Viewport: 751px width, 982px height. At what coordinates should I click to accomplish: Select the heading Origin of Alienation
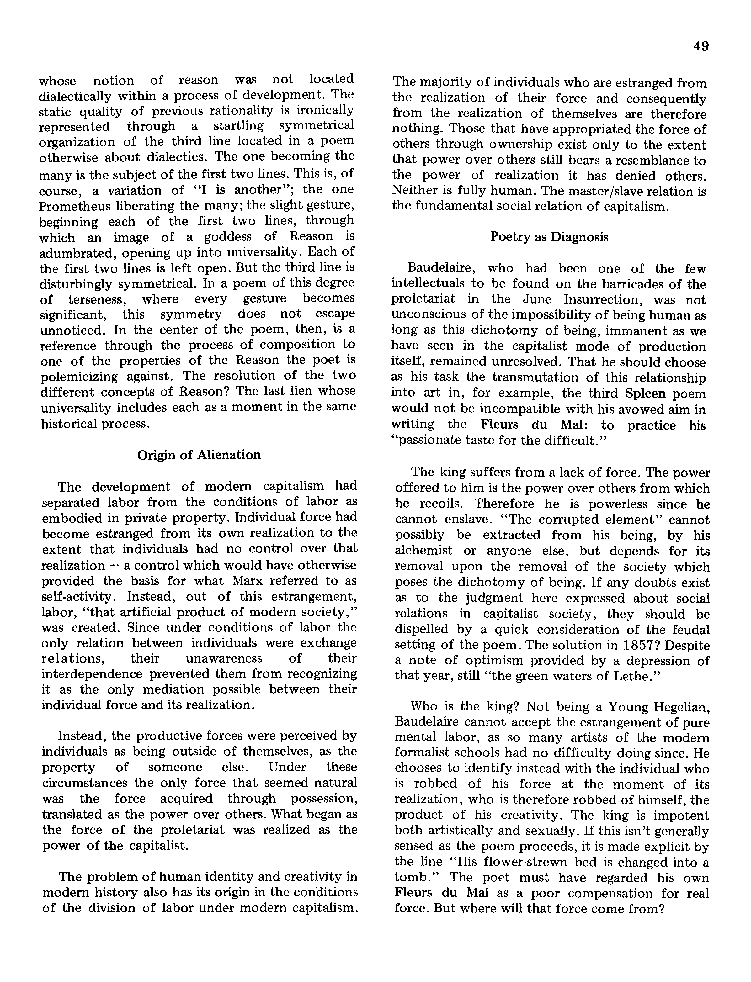tap(199, 455)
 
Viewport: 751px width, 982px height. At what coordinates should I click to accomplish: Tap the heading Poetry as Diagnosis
tap(549, 237)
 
